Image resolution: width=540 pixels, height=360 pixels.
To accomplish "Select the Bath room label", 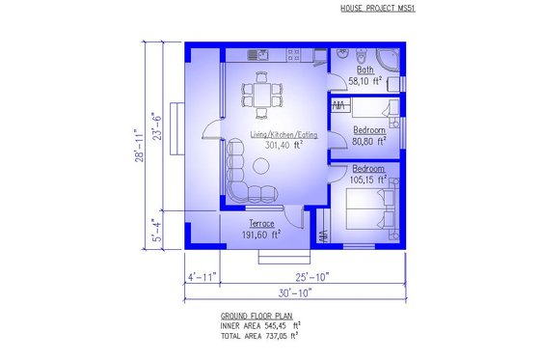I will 365,70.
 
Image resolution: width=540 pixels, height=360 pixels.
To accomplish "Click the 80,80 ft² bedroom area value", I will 368,140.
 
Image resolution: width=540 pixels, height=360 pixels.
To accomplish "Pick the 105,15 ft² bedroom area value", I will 367,179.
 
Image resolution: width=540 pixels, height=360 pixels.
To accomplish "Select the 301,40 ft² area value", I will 278,146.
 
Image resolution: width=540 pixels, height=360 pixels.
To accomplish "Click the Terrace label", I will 249,224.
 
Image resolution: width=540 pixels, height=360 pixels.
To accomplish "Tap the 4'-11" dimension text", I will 202,277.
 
